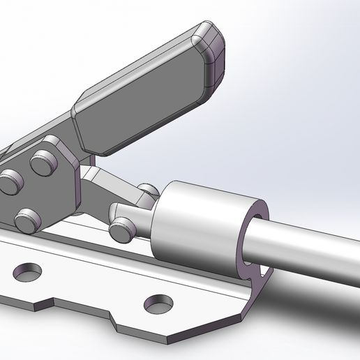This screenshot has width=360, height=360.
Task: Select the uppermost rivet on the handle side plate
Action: coord(45,163)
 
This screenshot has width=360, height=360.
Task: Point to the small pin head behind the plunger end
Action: coord(147,189)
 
